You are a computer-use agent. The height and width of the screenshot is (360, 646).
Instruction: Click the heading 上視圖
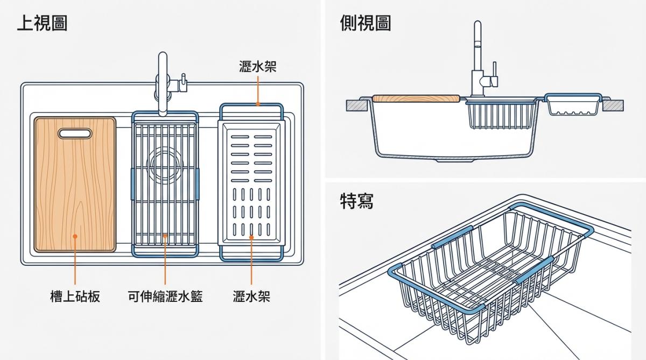pos(42,23)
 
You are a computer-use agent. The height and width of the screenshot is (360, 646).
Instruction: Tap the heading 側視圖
pos(365,23)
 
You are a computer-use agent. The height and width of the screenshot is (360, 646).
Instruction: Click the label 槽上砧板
pos(75,296)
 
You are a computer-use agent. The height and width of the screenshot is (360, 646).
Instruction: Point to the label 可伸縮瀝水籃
pos(165,296)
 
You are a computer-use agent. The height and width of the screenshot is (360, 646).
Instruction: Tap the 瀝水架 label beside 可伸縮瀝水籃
pos(251,296)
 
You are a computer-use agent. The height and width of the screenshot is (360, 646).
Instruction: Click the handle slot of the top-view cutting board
pos(75,132)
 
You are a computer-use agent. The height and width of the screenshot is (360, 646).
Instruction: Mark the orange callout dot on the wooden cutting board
pos(75,236)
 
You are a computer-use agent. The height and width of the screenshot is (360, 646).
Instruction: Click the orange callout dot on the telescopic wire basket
pos(165,236)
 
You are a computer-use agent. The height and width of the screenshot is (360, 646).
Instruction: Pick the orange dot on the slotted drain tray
pos(251,236)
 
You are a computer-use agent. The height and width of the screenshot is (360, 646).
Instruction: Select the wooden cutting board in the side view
pos(416,98)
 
